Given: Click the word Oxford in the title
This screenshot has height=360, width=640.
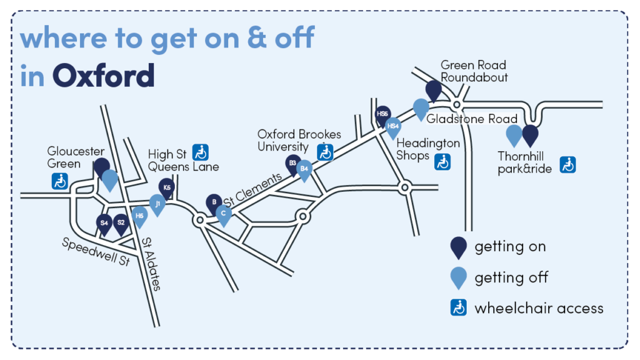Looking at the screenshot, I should click(x=103, y=76).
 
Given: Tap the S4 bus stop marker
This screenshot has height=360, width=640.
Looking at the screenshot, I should click(x=104, y=222).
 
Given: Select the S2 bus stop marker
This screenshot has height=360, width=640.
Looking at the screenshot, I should click(x=121, y=222).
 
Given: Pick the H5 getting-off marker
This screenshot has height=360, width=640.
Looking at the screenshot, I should click(x=139, y=215).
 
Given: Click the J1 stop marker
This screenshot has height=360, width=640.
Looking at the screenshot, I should click(x=157, y=203).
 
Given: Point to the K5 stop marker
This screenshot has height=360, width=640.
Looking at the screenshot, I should click(x=166, y=187).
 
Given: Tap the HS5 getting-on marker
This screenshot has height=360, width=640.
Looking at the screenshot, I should click(x=382, y=114).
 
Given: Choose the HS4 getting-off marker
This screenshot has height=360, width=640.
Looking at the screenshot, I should click(x=393, y=127).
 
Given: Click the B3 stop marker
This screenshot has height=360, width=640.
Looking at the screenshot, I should click(x=292, y=164).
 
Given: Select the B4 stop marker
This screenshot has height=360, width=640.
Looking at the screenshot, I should click(x=304, y=168).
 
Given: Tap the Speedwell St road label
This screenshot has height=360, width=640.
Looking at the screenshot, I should click(x=96, y=251).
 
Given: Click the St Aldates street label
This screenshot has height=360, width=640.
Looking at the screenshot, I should click(x=151, y=264).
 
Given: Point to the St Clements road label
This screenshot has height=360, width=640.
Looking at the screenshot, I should click(x=253, y=190).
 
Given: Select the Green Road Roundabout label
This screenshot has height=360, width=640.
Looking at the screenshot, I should click(x=474, y=71).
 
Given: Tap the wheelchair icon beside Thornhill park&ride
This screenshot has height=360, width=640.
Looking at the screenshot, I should click(x=567, y=164).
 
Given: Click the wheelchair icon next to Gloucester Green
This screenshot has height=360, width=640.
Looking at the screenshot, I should click(x=60, y=181).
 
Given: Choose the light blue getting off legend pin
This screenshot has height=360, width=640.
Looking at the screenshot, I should click(x=459, y=277).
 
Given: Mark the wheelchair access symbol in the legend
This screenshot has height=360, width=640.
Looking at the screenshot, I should click(x=459, y=307).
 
